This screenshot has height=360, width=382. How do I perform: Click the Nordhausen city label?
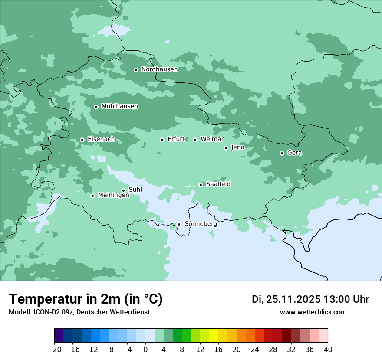(x=159, y=69)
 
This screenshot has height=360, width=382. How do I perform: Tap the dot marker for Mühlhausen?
(x=96, y=107)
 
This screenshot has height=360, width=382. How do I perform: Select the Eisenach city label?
(x=101, y=139)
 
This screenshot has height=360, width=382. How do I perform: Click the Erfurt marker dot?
(x=162, y=140)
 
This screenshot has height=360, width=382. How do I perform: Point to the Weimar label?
(x=212, y=139)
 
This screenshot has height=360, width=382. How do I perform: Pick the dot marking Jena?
(x=226, y=148)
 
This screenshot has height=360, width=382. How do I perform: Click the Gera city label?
(x=294, y=153)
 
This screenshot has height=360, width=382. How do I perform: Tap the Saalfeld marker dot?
(x=201, y=185)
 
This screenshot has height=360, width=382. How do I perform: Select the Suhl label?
(x=135, y=190)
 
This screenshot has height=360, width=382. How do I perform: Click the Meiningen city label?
(x=113, y=195)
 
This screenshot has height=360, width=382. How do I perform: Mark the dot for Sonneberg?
(x=179, y=224)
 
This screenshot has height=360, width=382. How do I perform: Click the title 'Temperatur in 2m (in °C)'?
(x=86, y=299)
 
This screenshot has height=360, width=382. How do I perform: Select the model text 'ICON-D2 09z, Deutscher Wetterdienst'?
(x=79, y=312)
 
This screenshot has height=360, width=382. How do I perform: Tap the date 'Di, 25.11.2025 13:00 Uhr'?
(x=310, y=299)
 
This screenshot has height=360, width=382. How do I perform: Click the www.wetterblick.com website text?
(x=313, y=312)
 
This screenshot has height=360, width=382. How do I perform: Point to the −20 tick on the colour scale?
(x=54, y=350)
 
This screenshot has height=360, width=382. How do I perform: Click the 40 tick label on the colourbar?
(x=328, y=350)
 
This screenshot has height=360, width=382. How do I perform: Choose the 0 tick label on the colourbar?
(x=145, y=350)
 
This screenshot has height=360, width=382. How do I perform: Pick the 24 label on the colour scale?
(x=255, y=350)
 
